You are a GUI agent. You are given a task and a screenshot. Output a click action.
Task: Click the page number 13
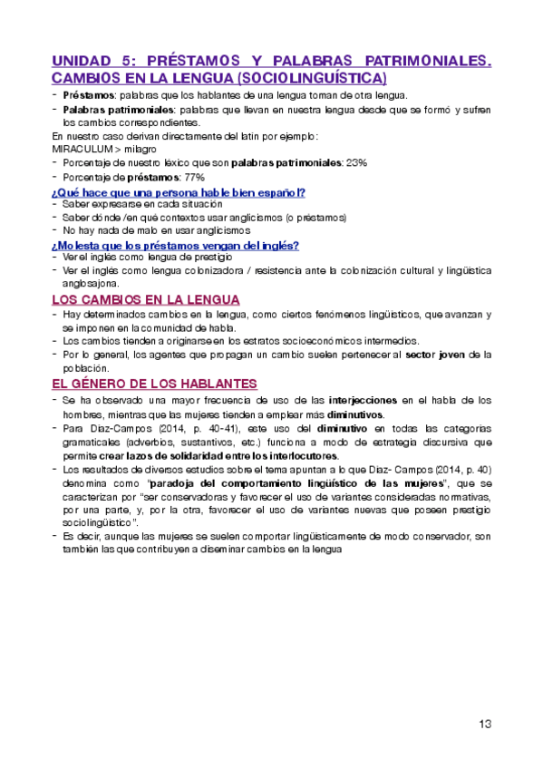(484, 724)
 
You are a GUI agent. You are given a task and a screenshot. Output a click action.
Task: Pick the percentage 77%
(194, 177)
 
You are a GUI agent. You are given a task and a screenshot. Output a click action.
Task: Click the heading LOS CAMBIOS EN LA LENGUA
(145, 300)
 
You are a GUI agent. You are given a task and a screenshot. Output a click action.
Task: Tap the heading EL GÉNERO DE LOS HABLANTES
(154, 384)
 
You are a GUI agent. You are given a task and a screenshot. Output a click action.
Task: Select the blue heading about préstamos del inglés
(176, 245)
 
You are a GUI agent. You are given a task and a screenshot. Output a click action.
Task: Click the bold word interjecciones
(364, 400)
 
